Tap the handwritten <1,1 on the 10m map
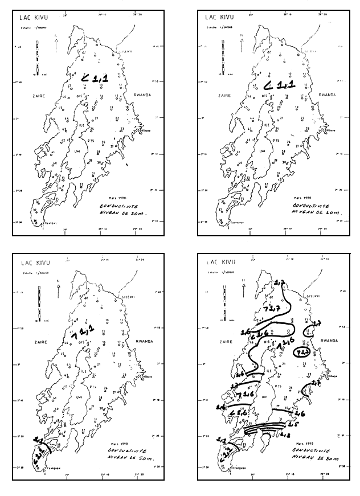279,85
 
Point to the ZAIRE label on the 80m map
220,343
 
